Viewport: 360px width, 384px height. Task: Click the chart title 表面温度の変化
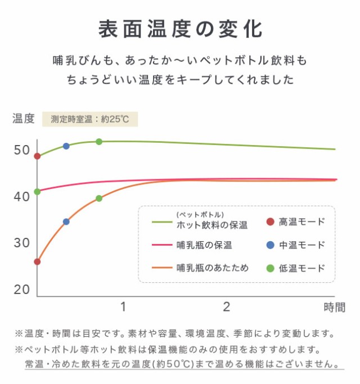coord(179,29)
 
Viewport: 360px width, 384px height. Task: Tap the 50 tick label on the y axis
coord(22,150)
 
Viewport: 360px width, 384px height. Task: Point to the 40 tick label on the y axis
coord(22,197)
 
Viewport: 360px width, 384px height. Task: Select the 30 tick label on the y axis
coord(22,243)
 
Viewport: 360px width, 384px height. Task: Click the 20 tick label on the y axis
coord(22,290)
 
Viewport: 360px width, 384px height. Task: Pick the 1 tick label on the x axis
coord(123,307)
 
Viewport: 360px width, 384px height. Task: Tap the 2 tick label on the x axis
coord(227,307)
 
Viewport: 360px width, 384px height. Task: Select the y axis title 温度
coord(24,119)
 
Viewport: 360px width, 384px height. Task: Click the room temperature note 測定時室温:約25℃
coord(90,119)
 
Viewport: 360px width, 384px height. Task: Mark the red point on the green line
coord(37,156)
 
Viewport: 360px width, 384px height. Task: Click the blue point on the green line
coord(66,146)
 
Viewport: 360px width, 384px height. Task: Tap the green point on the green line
coord(99,142)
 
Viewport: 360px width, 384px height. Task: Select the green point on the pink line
coord(37,192)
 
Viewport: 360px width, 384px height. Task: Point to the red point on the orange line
coord(37,261)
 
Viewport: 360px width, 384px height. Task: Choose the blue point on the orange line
coord(66,222)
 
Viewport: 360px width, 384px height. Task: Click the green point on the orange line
coord(99,198)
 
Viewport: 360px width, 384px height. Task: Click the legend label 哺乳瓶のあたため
coord(212,268)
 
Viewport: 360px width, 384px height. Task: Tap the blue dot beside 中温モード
coord(270,245)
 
